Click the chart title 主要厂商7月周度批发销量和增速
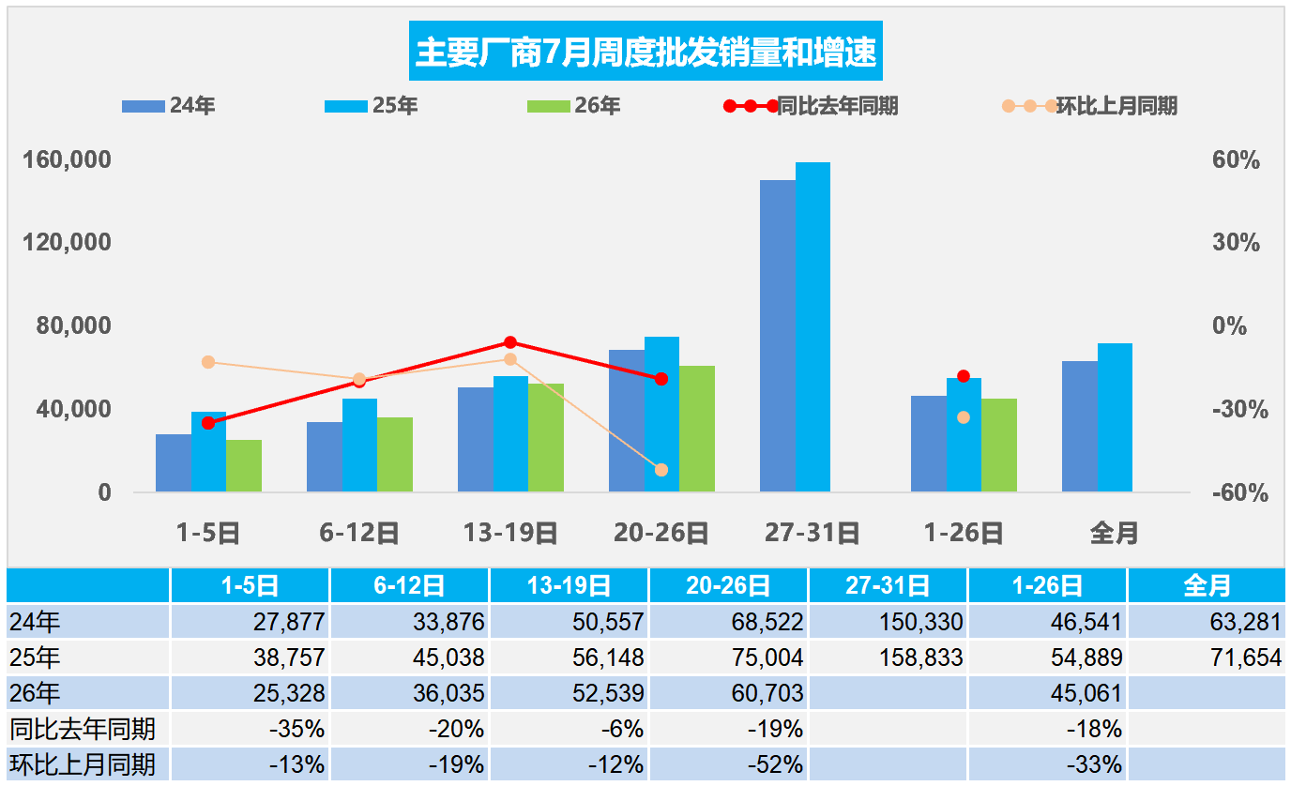[x=645, y=52]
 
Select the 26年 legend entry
[x=573, y=105]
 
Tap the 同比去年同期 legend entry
[x=811, y=106]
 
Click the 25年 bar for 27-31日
[x=813, y=326]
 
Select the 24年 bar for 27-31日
[x=778, y=336]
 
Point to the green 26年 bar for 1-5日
[x=244, y=465]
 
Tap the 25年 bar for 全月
[x=1115, y=417]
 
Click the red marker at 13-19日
[x=510, y=342]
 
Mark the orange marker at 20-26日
[x=661, y=470]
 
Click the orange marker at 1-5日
[x=208, y=362]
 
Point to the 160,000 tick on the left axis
[x=67, y=159]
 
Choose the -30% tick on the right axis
[x=1240, y=410]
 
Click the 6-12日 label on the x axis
[x=359, y=533]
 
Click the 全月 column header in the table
[x=1207, y=585]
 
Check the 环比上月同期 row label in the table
[x=83, y=764]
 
